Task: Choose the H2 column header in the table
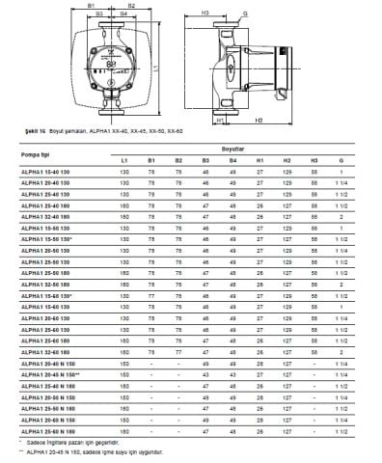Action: [x=287, y=159]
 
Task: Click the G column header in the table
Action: [x=342, y=159]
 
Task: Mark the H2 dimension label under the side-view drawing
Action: [x=286, y=123]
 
